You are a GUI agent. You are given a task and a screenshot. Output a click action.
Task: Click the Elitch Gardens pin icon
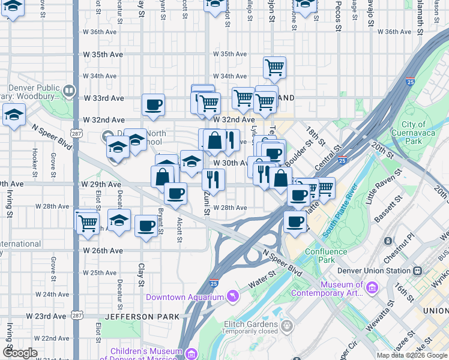pos(287,326)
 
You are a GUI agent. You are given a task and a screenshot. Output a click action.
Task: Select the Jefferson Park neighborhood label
pos(142,316)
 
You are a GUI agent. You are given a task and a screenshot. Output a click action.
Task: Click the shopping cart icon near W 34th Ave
pos(274,67)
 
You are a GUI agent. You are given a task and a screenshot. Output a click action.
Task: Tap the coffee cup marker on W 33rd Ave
pos(153,104)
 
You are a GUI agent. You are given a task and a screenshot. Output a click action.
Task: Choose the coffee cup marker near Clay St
pos(146,226)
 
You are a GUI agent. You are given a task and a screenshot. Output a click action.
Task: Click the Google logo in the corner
pos(20,353)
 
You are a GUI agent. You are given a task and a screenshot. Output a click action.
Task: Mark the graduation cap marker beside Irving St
pos(13,114)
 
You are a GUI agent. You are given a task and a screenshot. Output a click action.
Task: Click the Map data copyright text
pos(412,355)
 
